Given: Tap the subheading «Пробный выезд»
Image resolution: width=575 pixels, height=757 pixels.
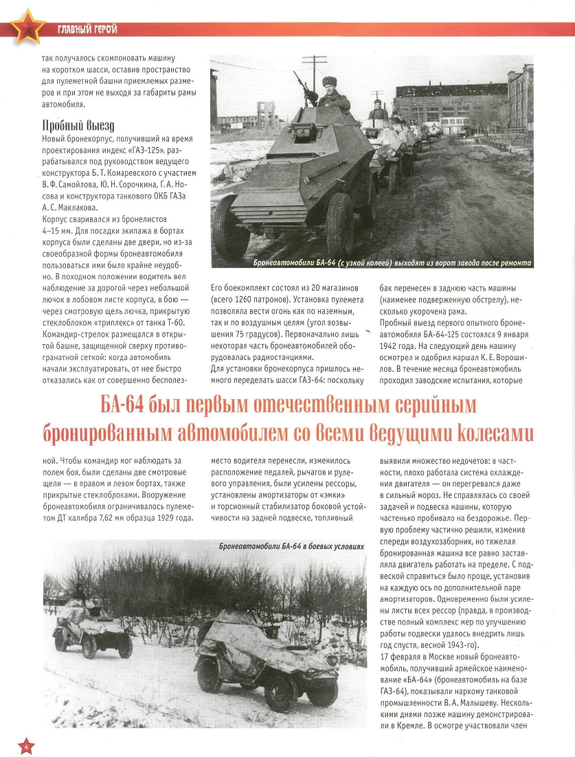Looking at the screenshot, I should (78, 126).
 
